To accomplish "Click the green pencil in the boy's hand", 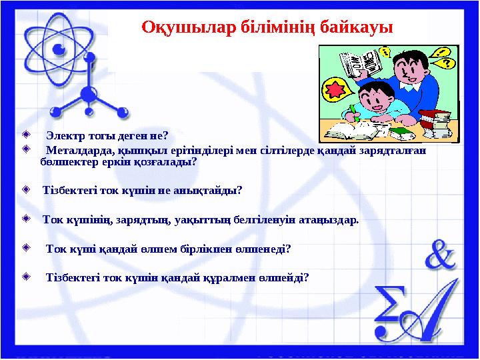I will pos(353,111).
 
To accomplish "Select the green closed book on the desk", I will pos(400,133).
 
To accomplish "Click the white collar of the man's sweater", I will pos(408,85).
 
